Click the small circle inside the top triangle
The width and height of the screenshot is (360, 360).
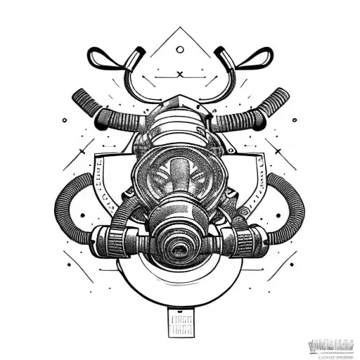(181, 50)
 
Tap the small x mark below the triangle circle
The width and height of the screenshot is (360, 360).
(181, 74)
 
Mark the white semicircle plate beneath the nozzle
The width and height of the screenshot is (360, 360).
(180, 278)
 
